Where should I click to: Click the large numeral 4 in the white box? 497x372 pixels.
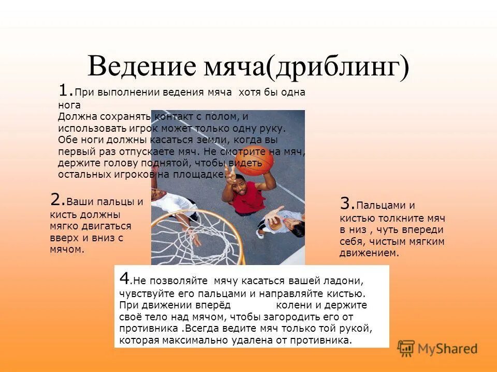(x=124, y=277)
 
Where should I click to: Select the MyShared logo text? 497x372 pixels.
(x=448, y=348)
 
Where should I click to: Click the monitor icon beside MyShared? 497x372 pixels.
(x=406, y=348)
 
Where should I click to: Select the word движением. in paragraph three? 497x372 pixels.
(x=369, y=253)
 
